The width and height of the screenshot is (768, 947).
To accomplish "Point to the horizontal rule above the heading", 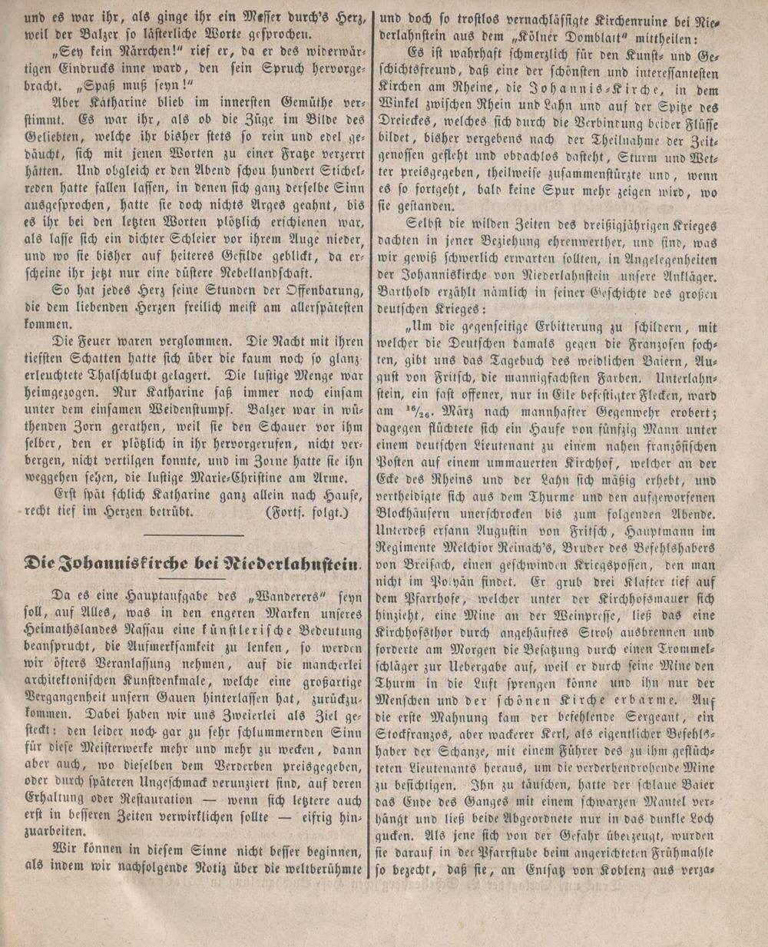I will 194,534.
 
